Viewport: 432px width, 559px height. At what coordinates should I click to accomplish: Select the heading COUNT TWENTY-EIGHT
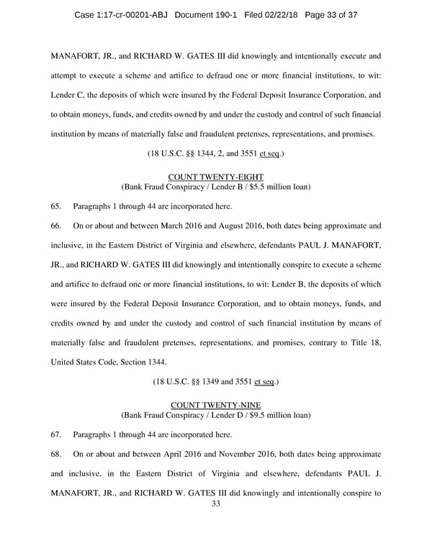[x=215, y=176]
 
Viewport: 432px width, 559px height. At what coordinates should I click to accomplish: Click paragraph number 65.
[x=57, y=206]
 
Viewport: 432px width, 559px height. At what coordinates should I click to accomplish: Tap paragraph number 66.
[x=57, y=225]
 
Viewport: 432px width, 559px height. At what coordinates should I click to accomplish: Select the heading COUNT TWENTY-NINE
[x=215, y=405]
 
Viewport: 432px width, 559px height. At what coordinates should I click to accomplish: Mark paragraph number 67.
[x=57, y=434]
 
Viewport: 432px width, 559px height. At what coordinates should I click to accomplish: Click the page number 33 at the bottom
[x=215, y=504]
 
